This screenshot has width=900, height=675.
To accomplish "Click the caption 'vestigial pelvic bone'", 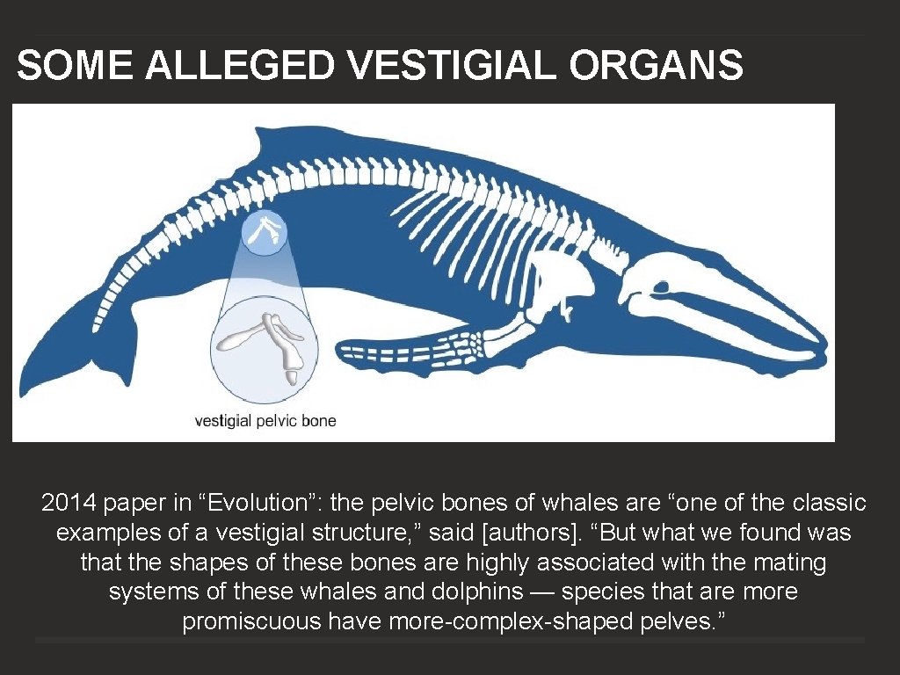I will coord(265,421).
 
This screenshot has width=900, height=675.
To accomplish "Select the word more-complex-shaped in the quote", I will coord(490,622).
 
